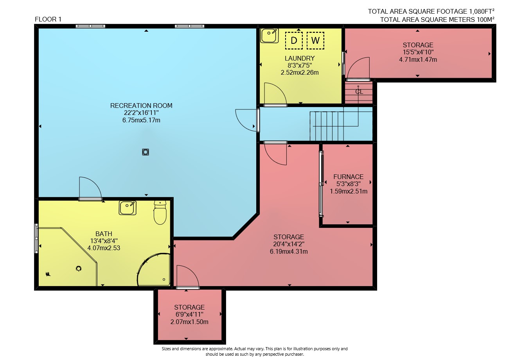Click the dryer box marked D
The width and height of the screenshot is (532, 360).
(294, 41)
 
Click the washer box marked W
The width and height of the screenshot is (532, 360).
(315, 41)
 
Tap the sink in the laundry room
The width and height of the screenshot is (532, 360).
(269, 36)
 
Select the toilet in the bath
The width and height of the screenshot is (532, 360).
(160, 212)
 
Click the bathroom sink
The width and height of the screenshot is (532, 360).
(128, 208)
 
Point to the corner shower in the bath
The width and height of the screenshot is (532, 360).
(154, 270)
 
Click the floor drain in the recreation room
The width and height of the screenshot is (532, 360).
(146, 152)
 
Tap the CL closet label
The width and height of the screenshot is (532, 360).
(359, 91)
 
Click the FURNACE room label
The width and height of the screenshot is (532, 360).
(349, 177)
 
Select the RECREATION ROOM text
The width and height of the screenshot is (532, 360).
(141, 106)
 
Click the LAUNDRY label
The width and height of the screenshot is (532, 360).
(300, 58)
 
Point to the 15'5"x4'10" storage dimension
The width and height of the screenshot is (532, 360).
(418, 52)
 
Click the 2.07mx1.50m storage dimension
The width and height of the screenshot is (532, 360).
(189, 322)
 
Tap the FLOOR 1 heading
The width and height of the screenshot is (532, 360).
(48, 19)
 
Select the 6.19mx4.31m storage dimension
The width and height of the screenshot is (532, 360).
(289, 251)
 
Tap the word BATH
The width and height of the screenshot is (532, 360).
(104, 234)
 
